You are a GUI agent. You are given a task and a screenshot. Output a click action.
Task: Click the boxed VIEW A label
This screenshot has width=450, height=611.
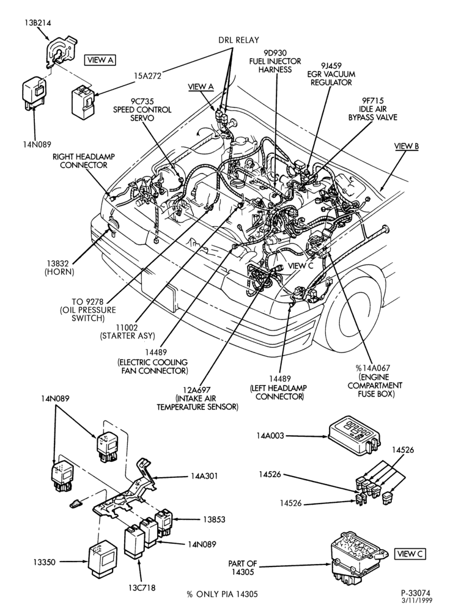click(x=100, y=60)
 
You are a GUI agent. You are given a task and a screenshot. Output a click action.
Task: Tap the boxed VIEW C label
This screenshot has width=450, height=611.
click(x=410, y=554)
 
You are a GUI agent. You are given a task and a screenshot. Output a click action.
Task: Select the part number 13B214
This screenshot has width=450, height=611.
click(x=36, y=23)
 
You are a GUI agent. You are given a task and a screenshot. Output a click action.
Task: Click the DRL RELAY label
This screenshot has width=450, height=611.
click(x=238, y=40)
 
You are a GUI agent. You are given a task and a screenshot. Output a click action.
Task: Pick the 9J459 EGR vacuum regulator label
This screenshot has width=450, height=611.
click(x=331, y=74)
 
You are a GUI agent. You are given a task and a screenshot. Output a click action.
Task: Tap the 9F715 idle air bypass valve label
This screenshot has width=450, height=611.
click(x=373, y=109)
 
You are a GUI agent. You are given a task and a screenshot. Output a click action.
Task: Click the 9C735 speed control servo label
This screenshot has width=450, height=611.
click(x=142, y=109)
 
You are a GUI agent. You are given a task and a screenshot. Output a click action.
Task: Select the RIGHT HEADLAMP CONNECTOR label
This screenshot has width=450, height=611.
click(x=84, y=161)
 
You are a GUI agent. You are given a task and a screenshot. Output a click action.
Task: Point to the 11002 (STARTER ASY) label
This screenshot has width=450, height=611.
click(x=128, y=331)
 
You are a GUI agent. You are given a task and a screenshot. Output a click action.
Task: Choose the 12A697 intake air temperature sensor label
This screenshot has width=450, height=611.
click(x=197, y=398)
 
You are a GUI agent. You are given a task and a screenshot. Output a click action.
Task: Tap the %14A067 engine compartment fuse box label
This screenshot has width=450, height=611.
click(x=375, y=381)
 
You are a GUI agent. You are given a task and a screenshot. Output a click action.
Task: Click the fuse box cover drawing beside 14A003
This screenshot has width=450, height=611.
click(x=353, y=436)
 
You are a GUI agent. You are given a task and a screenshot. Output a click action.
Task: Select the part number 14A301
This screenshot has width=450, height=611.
click(x=204, y=476)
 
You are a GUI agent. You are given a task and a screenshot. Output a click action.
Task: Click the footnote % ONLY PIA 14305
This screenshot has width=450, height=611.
click(x=222, y=595)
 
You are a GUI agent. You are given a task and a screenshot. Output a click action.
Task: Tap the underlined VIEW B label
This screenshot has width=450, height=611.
click(x=407, y=146)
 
